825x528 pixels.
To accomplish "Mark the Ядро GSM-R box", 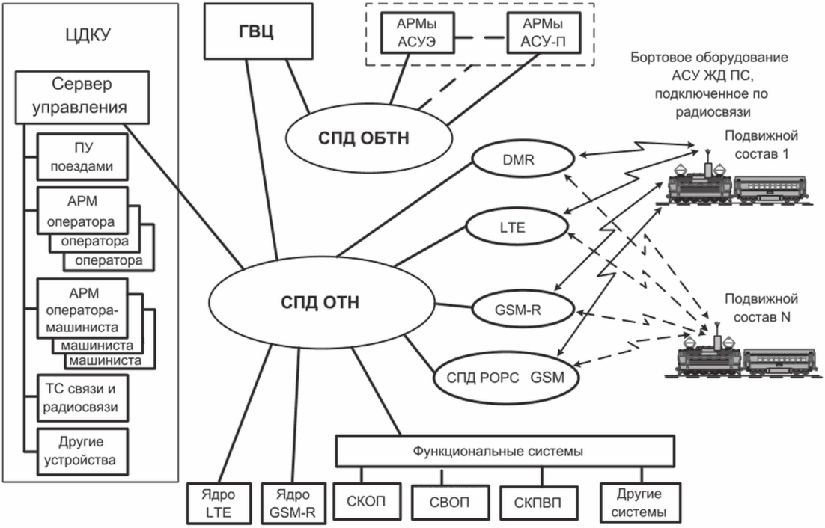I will click(294, 503).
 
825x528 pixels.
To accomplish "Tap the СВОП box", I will click(448, 503).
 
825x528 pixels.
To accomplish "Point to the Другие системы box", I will click(641, 503).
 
